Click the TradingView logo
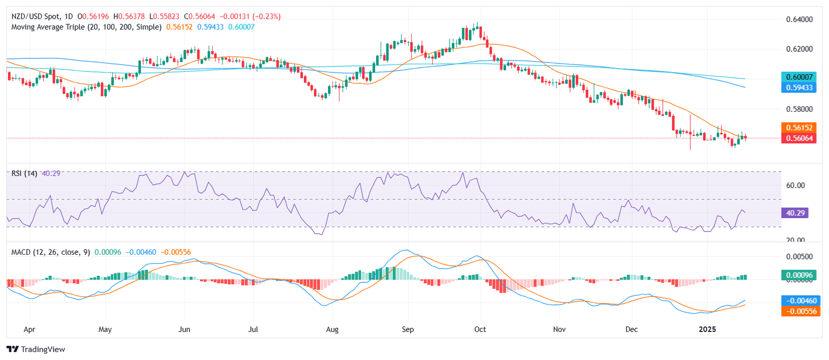tap(36, 349)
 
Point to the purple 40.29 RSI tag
tap(793, 213)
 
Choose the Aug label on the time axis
tap(332, 329)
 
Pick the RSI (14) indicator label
tap(25, 174)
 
